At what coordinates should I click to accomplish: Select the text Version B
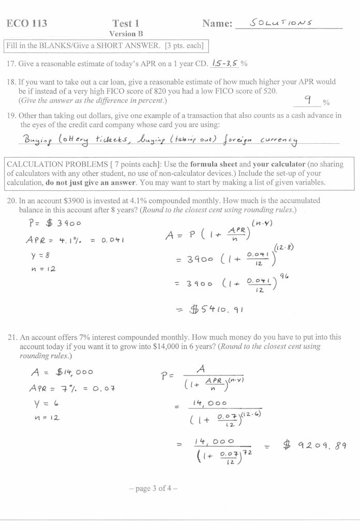point(126,34)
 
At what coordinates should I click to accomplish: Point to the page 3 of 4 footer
point(153,488)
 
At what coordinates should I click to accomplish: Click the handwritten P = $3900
point(53,223)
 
